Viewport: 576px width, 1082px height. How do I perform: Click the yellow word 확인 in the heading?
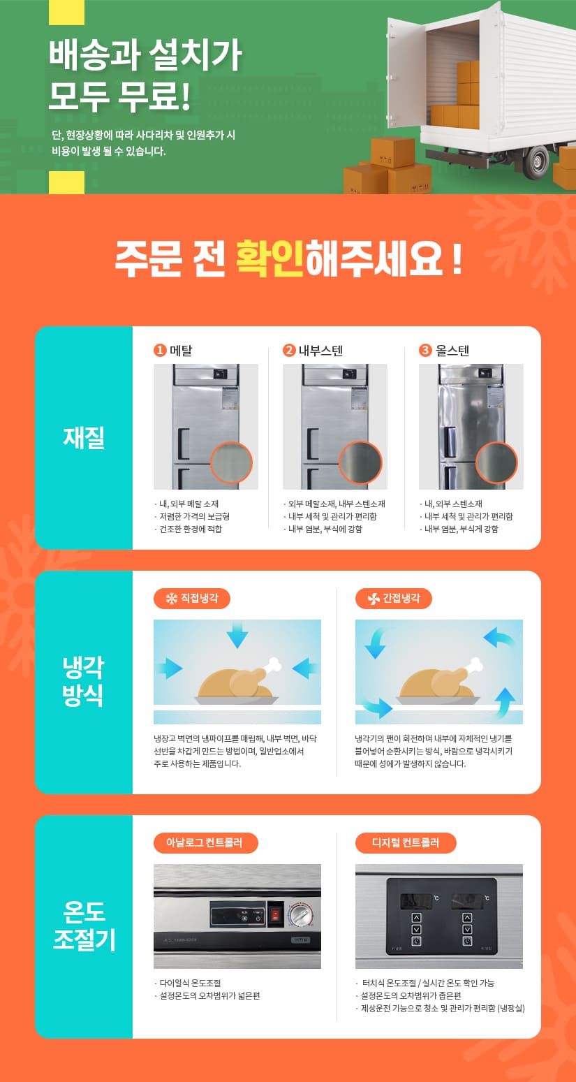pyautogui.click(x=269, y=258)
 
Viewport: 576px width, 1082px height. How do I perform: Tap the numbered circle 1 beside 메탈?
pyautogui.click(x=160, y=350)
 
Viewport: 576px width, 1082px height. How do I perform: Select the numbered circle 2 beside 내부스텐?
pyautogui.click(x=289, y=350)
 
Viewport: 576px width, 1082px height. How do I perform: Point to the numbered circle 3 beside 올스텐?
pyautogui.click(x=425, y=350)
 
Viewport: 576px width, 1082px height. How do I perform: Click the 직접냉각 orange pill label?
pyautogui.click(x=192, y=599)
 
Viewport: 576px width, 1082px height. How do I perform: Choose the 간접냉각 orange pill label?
pyautogui.click(x=394, y=599)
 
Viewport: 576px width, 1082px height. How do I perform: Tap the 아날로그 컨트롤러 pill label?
pyautogui.click(x=206, y=843)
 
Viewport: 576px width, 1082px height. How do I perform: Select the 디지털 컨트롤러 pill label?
pyautogui.click(x=406, y=843)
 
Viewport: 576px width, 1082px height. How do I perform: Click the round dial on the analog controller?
pyautogui.click(x=301, y=914)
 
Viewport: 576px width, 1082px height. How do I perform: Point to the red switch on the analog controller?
pyautogui.click(x=276, y=914)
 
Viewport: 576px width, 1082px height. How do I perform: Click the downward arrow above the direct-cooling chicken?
pyautogui.click(x=237, y=634)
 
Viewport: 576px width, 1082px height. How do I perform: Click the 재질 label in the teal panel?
pyautogui.click(x=84, y=438)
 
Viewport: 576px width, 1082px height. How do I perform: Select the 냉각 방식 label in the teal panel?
pyautogui.click(x=83, y=681)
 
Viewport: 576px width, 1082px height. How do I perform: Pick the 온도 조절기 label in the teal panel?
pyautogui.click(x=84, y=926)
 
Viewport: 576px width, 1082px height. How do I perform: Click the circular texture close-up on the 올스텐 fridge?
pyautogui.click(x=496, y=462)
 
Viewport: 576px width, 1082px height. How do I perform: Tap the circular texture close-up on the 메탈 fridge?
pyautogui.click(x=231, y=462)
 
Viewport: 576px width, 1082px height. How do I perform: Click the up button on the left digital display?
pyautogui.click(x=416, y=917)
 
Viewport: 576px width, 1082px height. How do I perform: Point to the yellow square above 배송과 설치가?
pyautogui.click(x=66, y=12)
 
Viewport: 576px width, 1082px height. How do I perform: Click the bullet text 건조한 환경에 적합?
pyautogui.click(x=191, y=529)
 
